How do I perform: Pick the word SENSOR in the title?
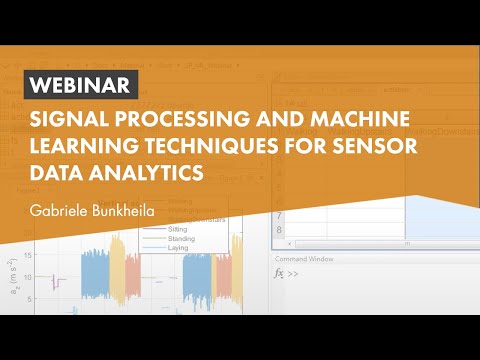[x=368, y=147]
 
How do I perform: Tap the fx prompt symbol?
[x=281, y=272]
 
